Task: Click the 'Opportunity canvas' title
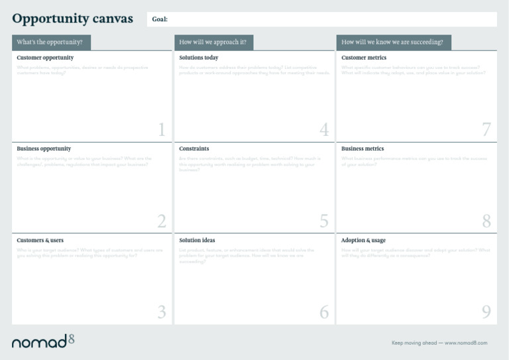72,19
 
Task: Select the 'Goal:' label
160,19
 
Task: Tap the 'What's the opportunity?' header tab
50,42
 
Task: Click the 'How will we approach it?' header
213,42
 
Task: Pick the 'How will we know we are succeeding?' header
393,42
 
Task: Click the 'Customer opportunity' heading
45,58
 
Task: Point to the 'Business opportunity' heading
44,149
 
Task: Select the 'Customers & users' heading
42,240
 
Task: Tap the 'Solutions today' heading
199,58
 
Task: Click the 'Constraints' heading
194,149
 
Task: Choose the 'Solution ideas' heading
198,240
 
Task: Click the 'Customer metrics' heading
364,58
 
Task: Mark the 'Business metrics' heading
363,149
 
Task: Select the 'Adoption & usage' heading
363,240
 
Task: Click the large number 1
162,130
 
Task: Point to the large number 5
324,221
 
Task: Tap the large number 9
486,312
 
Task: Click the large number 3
162,312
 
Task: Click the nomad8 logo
43,341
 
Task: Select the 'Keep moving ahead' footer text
439,343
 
